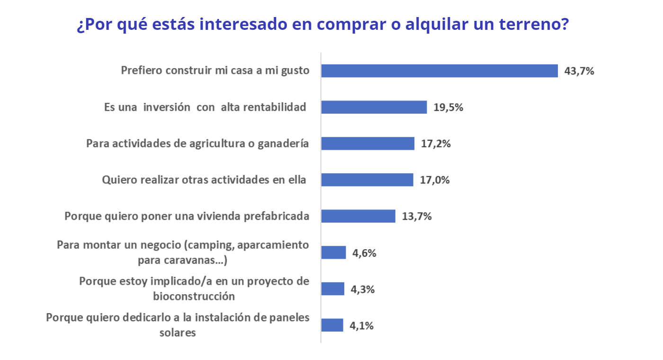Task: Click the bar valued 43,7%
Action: (x=439, y=71)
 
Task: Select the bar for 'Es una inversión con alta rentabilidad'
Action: (x=374, y=107)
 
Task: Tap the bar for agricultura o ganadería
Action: (x=368, y=144)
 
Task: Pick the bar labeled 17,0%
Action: (x=367, y=180)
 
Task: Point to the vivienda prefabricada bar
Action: (x=358, y=216)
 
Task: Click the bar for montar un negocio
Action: (x=334, y=252)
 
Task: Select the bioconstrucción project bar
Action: (x=333, y=289)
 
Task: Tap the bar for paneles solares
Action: (x=332, y=325)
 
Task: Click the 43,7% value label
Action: (x=579, y=72)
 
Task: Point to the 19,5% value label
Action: (x=448, y=108)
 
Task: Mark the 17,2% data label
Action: (x=436, y=144)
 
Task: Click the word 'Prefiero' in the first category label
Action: (x=142, y=71)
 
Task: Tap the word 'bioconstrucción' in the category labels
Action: (x=194, y=297)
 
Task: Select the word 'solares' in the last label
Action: (x=178, y=333)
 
